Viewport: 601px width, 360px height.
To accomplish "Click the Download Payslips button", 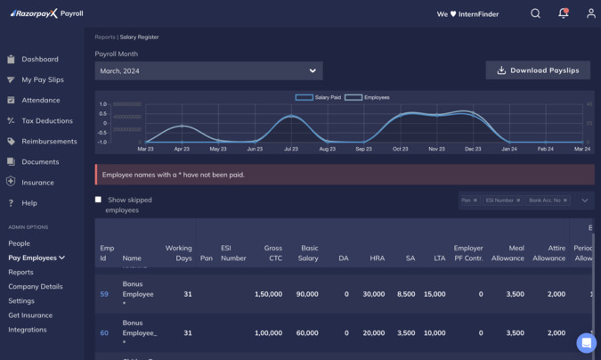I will click(x=538, y=70).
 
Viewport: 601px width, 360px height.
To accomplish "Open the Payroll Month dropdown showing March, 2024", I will click(x=208, y=70).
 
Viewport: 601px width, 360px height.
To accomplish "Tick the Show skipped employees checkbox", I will click(x=98, y=200).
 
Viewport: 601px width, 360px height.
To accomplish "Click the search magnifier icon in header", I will click(x=535, y=13).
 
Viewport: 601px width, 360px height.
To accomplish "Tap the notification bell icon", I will click(x=563, y=13).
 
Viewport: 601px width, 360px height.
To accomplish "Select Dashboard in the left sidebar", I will click(x=40, y=59).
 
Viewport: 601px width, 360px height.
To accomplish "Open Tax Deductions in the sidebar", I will click(x=47, y=120).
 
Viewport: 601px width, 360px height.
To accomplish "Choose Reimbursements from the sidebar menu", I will click(x=49, y=141).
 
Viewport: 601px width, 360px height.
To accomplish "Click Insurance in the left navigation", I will click(x=37, y=182).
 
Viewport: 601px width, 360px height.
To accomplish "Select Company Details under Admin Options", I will click(x=36, y=286).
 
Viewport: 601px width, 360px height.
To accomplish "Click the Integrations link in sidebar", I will click(x=28, y=329).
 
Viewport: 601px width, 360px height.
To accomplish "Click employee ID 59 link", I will click(x=104, y=293).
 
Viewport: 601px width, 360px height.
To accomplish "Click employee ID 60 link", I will click(x=104, y=332).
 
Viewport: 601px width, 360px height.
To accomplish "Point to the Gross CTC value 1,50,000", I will click(x=268, y=293).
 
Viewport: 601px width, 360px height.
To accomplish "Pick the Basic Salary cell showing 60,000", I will click(x=307, y=332).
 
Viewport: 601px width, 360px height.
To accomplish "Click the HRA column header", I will click(x=377, y=258).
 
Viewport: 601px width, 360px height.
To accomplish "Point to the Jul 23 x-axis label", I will click(x=291, y=149).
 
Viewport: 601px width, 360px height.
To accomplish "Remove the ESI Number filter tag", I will click(x=518, y=200).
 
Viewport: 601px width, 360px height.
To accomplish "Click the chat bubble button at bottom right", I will click(x=586, y=342).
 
